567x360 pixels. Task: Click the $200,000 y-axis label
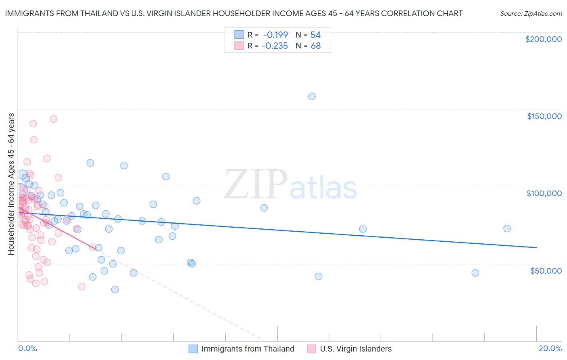(543, 39)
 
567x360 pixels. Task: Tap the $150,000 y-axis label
(544, 116)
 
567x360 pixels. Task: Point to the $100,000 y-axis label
(544, 193)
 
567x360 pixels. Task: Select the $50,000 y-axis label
(546, 270)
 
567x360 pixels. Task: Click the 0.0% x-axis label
(28, 348)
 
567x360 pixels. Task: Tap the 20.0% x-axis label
(550, 348)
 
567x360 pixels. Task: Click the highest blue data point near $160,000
(312, 96)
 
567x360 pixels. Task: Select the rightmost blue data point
(507, 228)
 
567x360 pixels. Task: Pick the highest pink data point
(53, 119)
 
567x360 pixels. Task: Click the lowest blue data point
(115, 289)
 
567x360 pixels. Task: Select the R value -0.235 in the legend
(275, 46)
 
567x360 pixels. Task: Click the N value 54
(315, 35)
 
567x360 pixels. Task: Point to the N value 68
(315, 46)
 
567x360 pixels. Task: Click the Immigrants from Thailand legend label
(248, 349)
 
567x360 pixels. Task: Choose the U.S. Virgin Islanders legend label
(356, 349)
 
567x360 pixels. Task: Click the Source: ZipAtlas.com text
(531, 14)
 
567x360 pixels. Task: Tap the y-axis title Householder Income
(11, 184)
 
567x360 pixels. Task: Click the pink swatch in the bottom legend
(311, 349)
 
